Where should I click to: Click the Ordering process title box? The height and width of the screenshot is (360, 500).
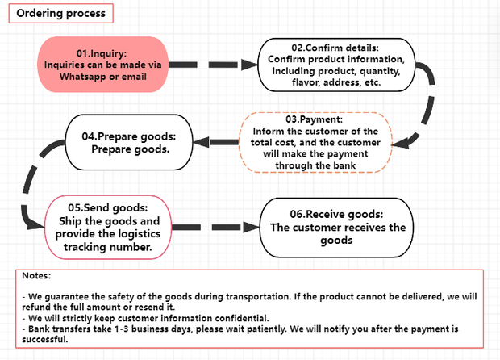[x=59, y=14]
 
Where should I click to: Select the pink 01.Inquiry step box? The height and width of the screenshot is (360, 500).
[x=102, y=65]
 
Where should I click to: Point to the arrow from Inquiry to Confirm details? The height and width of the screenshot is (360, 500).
[x=215, y=63]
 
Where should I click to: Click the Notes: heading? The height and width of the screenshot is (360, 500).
[x=37, y=276]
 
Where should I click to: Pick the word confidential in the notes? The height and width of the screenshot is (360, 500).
[x=240, y=318]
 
